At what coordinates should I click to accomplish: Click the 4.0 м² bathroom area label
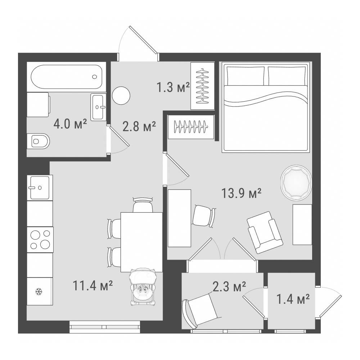[70, 124]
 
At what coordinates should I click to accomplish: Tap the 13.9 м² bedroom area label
[241, 193]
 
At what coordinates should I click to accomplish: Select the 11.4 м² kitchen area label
[93, 285]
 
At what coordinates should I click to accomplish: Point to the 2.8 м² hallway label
[139, 126]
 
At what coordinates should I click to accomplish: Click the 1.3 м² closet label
[173, 87]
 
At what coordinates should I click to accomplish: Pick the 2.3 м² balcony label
[229, 287]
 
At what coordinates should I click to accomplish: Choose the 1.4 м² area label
[293, 299]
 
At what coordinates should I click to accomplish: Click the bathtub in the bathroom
[66, 77]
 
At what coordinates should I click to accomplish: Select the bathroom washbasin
[98, 107]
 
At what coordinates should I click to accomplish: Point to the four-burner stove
[40, 240]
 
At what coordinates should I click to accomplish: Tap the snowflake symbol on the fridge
[39, 292]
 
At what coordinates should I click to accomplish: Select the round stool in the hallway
[121, 96]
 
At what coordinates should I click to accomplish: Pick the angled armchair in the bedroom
[265, 232]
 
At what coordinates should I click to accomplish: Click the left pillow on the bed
[246, 76]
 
